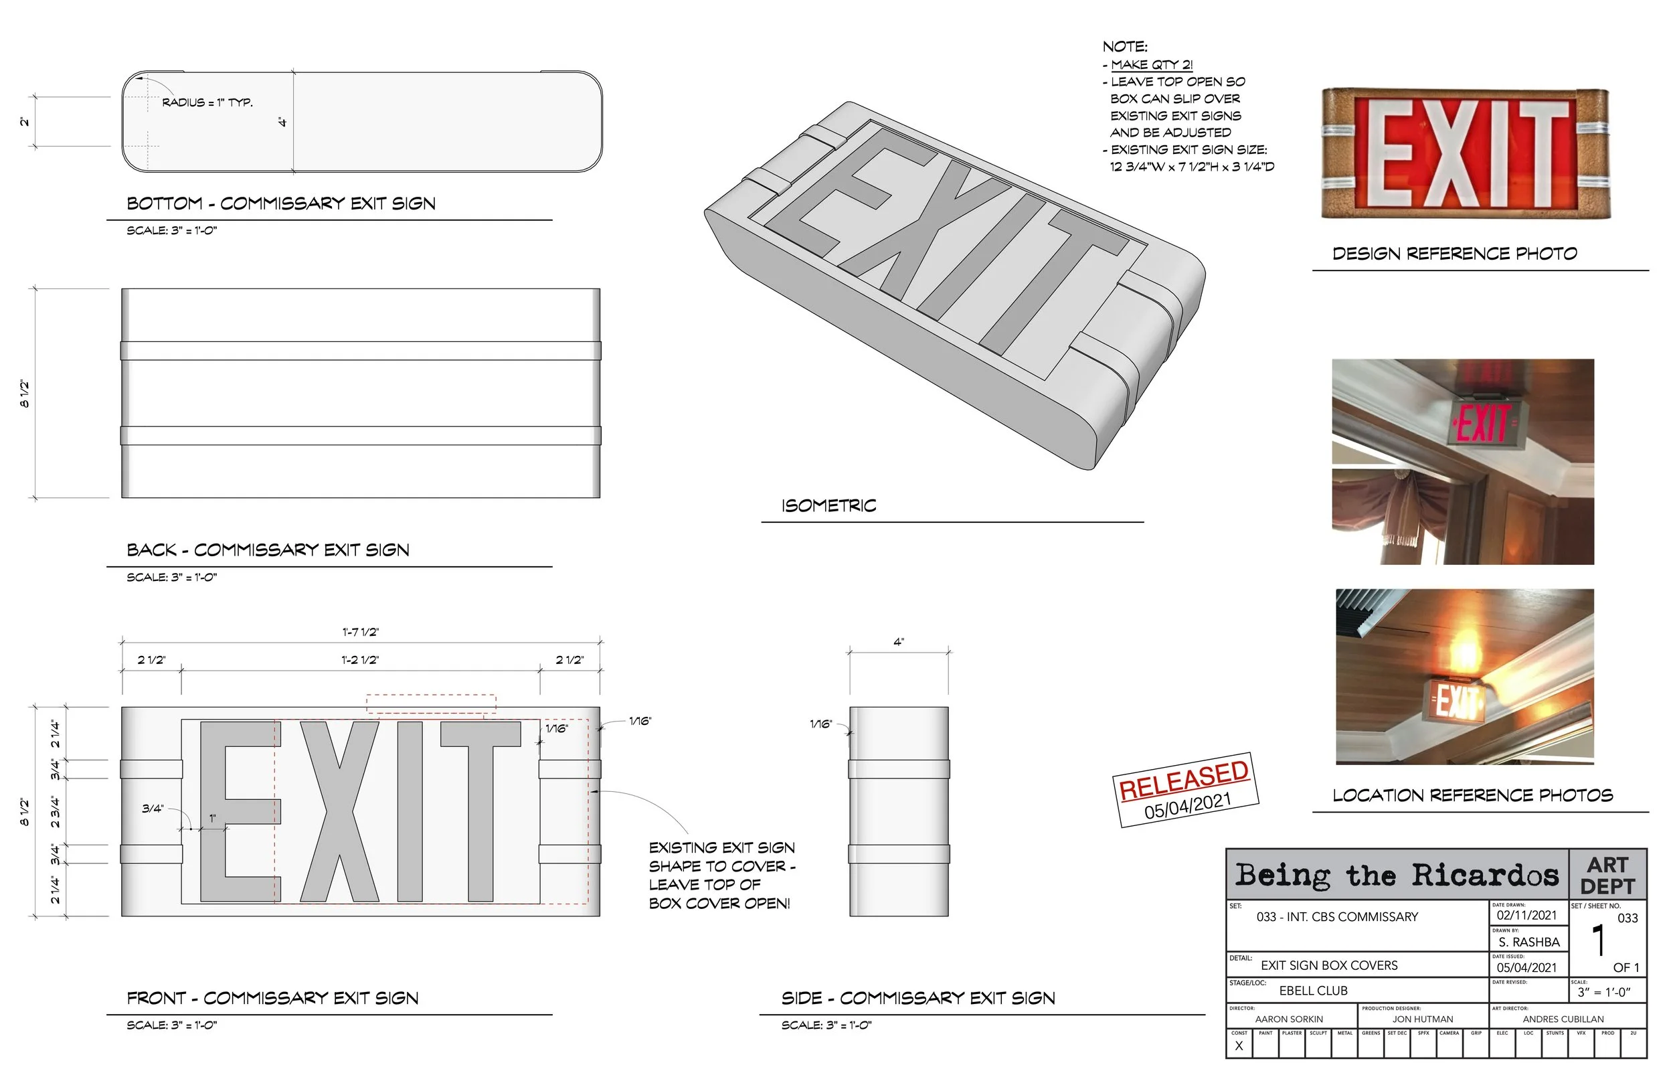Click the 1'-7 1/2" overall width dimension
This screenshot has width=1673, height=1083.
(x=360, y=631)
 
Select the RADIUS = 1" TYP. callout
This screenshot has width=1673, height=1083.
(x=207, y=102)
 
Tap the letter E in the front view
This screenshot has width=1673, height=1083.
(x=240, y=811)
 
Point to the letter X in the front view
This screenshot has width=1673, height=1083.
(x=339, y=811)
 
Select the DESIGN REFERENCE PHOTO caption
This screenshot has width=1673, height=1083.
(x=1454, y=254)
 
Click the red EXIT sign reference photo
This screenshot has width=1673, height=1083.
(x=1466, y=154)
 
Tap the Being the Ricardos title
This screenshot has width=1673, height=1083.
(x=1397, y=875)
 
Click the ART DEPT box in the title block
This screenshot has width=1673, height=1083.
(x=1607, y=875)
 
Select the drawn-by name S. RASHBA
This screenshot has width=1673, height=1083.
(x=1528, y=942)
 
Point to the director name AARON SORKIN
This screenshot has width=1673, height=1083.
(x=1288, y=1019)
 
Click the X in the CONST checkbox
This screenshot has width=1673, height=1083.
(x=1239, y=1046)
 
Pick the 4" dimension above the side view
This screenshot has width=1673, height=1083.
(x=898, y=642)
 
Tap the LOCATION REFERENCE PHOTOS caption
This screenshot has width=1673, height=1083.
(x=1473, y=795)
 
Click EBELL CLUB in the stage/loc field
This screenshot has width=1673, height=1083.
(x=1313, y=991)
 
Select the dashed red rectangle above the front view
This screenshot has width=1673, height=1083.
(x=431, y=703)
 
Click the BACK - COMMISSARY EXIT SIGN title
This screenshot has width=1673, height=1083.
(x=268, y=550)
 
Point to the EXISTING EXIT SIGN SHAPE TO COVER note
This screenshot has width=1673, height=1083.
(x=721, y=875)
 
